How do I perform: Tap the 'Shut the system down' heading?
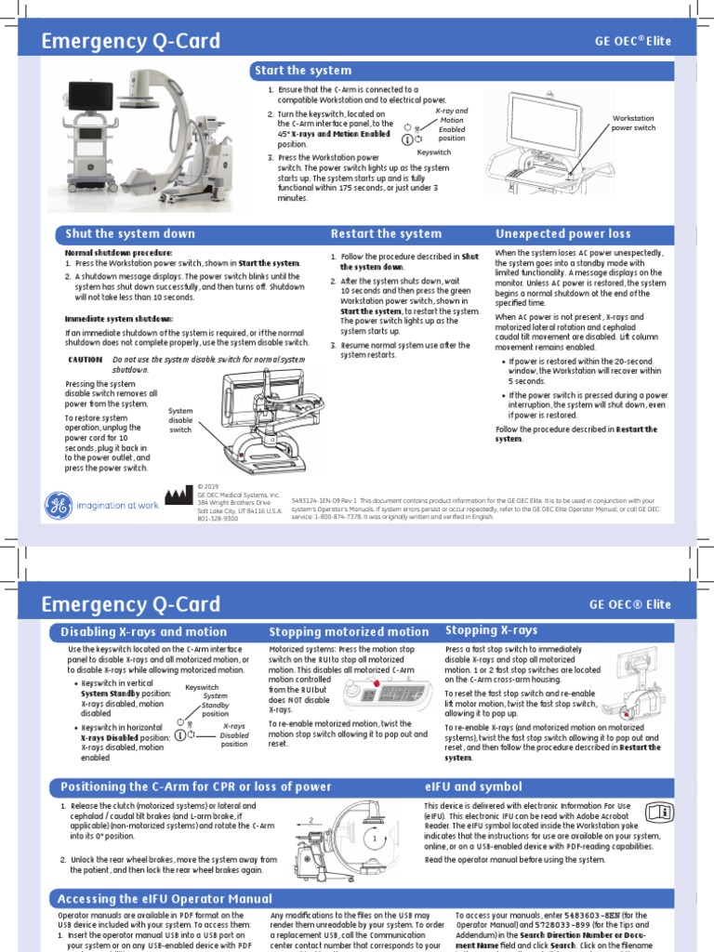[x=129, y=233]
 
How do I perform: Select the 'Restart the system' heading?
[x=386, y=233]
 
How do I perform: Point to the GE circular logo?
[x=58, y=505]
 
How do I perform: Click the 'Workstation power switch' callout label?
[x=633, y=123]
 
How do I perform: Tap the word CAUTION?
[x=86, y=359]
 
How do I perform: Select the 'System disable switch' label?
[x=180, y=419]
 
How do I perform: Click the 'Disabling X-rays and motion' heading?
[x=143, y=632]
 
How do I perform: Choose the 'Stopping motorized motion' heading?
[x=349, y=632]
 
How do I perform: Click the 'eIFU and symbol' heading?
[x=473, y=787]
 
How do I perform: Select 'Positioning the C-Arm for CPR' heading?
[x=195, y=787]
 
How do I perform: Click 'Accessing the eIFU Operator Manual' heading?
[x=165, y=899]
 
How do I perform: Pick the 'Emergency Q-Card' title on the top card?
[x=131, y=41]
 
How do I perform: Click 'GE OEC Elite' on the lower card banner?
[x=630, y=604]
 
